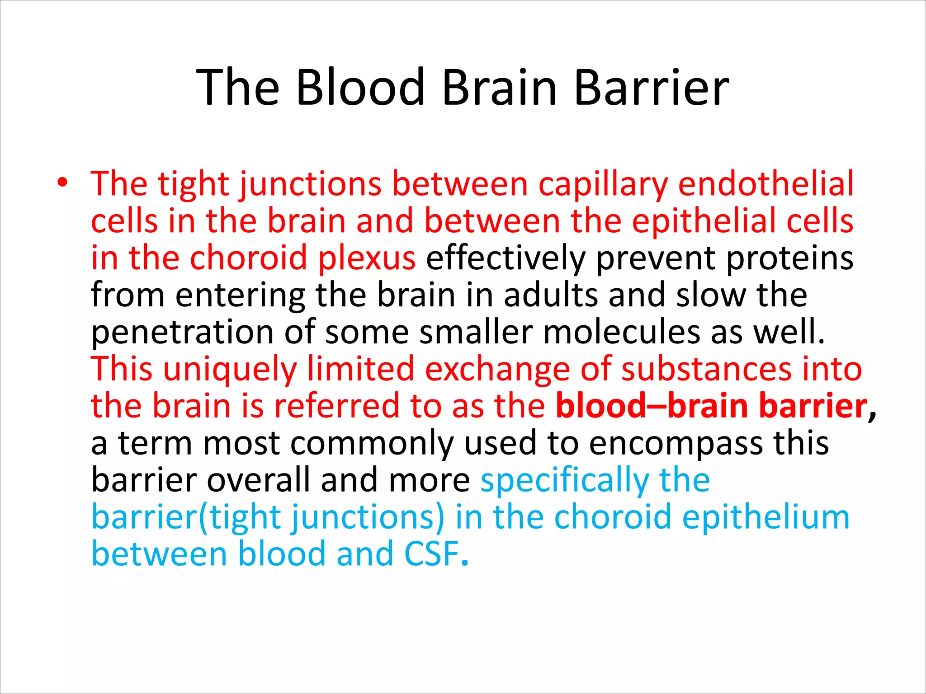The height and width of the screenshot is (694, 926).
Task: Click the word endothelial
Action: point(766,184)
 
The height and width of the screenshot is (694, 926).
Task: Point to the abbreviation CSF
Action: point(432,554)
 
